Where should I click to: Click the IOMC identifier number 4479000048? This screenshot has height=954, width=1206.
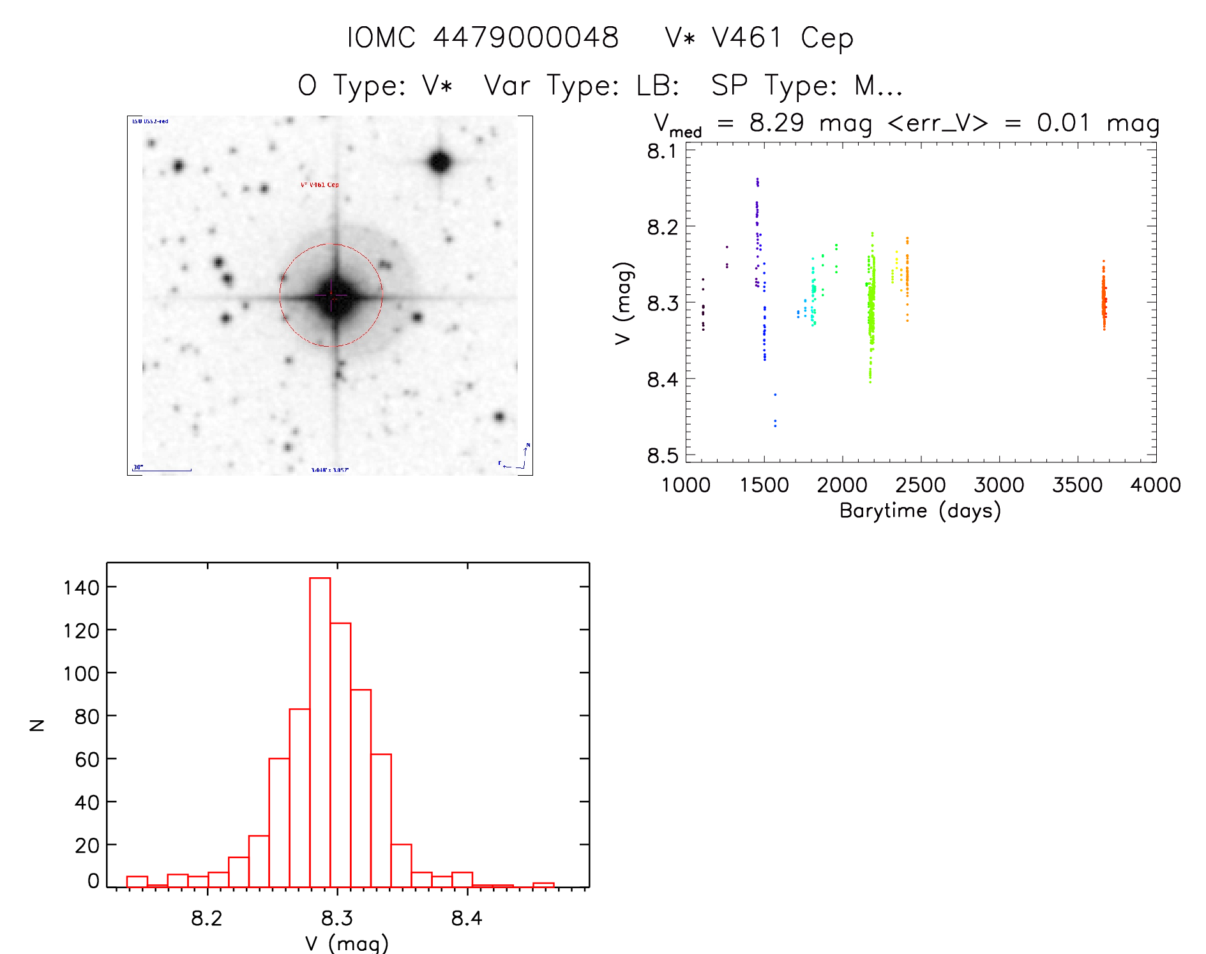pyautogui.click(x=525, y=38)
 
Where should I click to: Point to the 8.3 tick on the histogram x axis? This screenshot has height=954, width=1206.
pyautogui.click(x=337, y=918)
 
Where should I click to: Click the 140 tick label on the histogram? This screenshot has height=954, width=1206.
pyautogui.click(x=81, y=587)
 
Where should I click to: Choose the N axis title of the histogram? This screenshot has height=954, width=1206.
pyautogui.click(x=37, y=725)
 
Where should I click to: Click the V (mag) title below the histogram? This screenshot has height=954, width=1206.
pyautogui.click(x=347, y=943)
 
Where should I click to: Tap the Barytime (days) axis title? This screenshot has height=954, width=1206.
pyautogui.click(x=920, y=511)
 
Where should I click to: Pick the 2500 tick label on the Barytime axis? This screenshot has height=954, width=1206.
pyautogui.click(x=921, y=485)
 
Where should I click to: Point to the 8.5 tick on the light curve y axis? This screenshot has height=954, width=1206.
pyautogui.click(x=663, y=455)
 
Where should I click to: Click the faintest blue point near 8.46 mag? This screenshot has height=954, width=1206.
pyautogui.click(x=775, y=423)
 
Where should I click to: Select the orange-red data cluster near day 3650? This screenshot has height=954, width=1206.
pyautogui.click(x=1103, y=297)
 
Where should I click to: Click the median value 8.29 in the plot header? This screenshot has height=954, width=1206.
pyautogui.click(x=776, y=123)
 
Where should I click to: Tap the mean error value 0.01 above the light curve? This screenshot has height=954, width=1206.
pyautogui.click(x=1063, y=123)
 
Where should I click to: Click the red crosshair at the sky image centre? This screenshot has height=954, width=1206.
pyautogui.click(x=331, y=295)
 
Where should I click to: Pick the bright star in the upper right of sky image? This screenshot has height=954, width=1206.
pyautogui.click(x=440, y=162)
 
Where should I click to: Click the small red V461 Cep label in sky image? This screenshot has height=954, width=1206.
pyautogui.click(x=320, y=185)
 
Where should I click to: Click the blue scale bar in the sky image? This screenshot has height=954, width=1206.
pyautogui.click(x=163, y=470)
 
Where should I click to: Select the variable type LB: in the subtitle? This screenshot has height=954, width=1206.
pyautogui.click(x=658, y=86)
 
